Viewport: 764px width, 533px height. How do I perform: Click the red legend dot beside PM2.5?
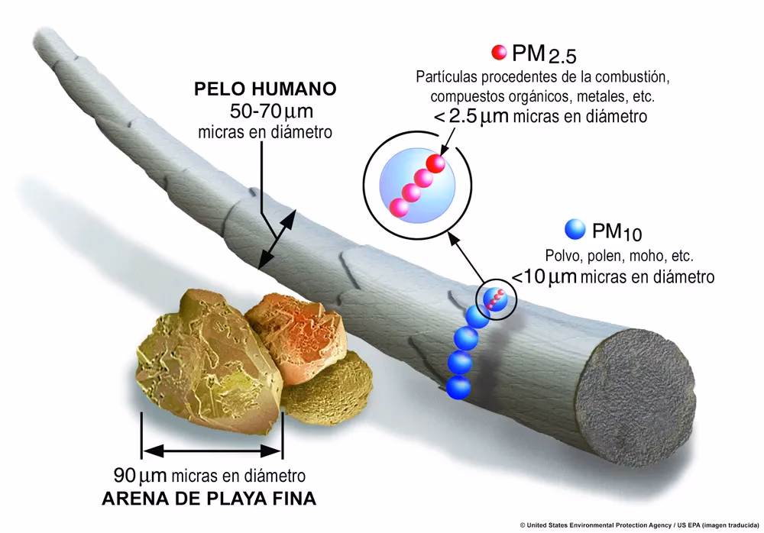(499, 53)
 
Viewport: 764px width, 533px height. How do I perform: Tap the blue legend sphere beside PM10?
(575, 229)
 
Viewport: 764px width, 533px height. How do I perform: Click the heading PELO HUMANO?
(264, 89)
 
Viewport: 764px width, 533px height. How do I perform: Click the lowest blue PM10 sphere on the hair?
(458, 386)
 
